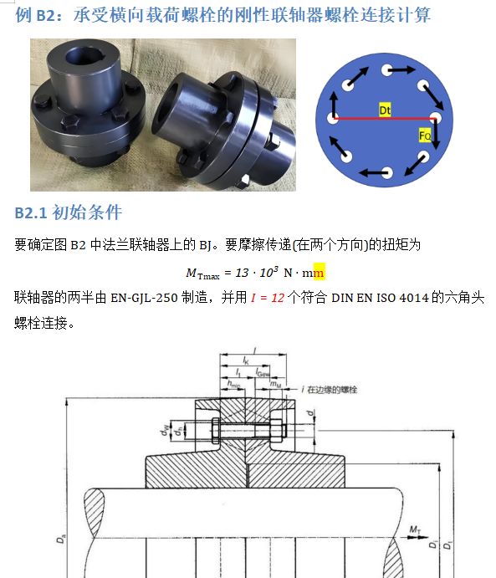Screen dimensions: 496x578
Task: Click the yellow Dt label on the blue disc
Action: coord(385,110)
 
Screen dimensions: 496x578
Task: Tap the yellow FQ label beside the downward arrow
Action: coord(425,136)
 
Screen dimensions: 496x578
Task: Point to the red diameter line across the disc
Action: coord(384,119)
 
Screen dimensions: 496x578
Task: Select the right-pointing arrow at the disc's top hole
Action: coord(401,69)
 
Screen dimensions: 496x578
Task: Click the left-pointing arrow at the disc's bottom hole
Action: coord(373,172)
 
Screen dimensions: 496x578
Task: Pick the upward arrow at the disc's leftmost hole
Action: coord(334,105)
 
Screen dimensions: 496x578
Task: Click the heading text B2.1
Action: coord(31,213)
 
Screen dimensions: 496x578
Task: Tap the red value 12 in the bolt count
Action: coord(278,298)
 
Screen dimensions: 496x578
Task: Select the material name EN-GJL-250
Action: coord(144,298)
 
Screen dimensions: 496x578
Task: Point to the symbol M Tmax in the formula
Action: coord(202,274)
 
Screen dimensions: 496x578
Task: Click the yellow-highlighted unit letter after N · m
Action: coord(320,274)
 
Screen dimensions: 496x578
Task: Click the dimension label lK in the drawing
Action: coord(246,361)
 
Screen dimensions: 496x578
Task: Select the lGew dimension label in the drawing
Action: coord(263,373)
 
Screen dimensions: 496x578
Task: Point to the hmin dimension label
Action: coord(233,384)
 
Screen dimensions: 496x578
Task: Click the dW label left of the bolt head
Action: coord(165,430)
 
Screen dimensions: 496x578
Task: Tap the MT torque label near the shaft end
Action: coord(415,530)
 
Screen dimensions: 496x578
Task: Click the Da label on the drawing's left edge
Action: coord(60,540)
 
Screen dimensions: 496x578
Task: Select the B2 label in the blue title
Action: coord(47,16)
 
